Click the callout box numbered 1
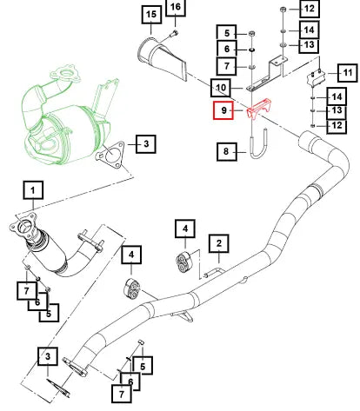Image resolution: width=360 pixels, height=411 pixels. tap(33, 190)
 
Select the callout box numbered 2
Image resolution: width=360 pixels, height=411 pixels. tap(219, 243)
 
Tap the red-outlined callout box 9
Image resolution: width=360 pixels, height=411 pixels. tap(223, 110)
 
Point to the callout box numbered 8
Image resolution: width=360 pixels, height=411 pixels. tap(227, 151)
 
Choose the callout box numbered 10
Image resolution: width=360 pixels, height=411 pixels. tap(221, 88)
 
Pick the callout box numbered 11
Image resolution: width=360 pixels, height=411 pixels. tap(348, 73)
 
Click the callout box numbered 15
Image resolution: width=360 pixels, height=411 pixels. tap(151, 14)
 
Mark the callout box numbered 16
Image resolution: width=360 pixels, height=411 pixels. tap(176, 7)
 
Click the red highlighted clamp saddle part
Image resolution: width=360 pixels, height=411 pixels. tap(258, 108)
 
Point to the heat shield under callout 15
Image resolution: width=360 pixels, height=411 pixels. tap(163, 58)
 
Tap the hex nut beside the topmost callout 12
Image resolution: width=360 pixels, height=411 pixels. tap(283, 10)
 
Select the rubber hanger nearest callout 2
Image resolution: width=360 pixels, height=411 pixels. tap(183, 262)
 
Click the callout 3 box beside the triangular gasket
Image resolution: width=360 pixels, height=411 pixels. tap(146, 144)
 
